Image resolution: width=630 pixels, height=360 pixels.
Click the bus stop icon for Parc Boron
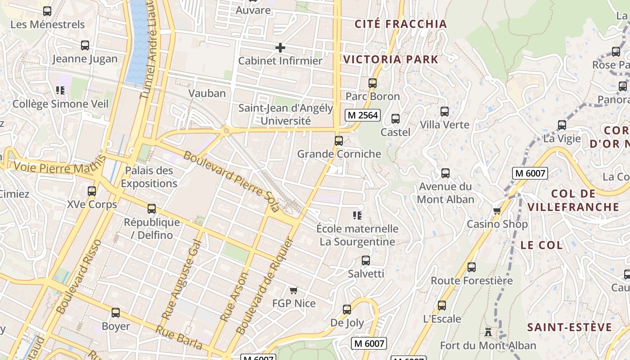click(x=372, y=83)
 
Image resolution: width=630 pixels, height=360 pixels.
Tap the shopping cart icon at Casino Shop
click(x=497, y=211)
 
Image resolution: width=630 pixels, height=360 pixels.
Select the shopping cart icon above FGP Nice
click(x=293, y=290)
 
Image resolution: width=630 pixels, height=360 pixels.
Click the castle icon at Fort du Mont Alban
click(x=488, y=333)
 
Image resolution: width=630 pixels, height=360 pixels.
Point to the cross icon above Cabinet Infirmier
click(x=280, y=47)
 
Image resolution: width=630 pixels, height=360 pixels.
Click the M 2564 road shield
click(x=363, y=115)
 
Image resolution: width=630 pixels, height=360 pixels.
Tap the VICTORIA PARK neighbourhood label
click(x=391, y=59)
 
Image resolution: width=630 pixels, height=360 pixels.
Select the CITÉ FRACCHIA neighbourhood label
click(x=400, y=24)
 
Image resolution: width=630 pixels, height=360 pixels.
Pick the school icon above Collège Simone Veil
click(x=60, y=90)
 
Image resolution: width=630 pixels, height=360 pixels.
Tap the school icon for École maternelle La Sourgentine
click(x=357, y=215)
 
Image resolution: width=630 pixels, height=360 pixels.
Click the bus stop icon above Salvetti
click(x=366, y=260)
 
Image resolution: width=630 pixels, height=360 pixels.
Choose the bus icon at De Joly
click(x=346, y=309)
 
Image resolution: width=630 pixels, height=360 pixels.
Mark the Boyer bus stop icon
click(x=116, y=313)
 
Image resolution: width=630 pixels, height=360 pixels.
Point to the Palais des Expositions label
click(x=149, y=177)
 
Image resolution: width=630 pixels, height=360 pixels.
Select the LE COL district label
click(x=541, y=245)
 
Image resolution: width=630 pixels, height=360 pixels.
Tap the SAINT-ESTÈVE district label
click(x=569, y=327)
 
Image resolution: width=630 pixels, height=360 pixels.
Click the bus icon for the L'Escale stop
click(x=442, y=306)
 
